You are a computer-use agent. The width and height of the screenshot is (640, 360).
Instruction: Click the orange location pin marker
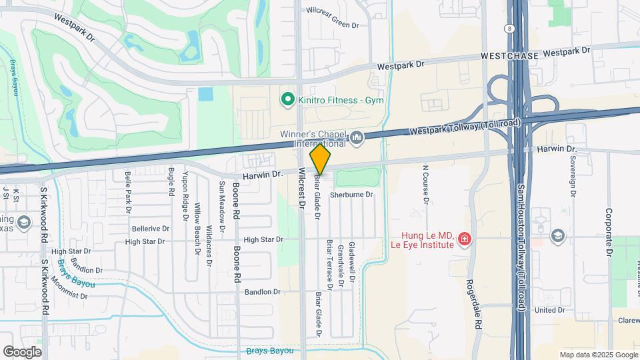coord(320,159)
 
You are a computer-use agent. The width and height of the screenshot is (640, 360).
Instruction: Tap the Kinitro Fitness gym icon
coord(288,100)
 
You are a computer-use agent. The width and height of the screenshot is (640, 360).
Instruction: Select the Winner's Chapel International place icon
coord(357,138)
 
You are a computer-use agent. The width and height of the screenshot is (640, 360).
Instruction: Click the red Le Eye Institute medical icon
coord(465,239)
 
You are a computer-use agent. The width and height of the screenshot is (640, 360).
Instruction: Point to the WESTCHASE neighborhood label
coord(509,57)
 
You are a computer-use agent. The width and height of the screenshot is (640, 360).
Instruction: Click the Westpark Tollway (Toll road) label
coord(464,125)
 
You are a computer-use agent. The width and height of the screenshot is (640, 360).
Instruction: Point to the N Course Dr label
coord(425,183)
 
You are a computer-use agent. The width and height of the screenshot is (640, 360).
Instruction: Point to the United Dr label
coord(549,310)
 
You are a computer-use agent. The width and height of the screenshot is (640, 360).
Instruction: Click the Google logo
coord(22,351)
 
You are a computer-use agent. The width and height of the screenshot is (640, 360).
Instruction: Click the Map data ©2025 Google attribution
coord(598,355)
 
